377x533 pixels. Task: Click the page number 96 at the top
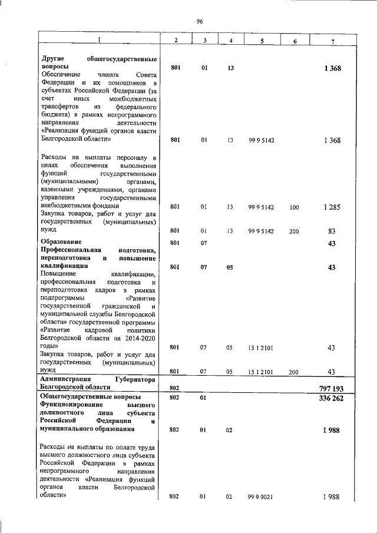click(x=200, y=22)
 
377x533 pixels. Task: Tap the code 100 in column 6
click(x=295, y=207)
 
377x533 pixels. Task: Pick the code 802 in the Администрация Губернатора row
click(x=175, y=388)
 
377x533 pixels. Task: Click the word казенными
click(x=60, y=190)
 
